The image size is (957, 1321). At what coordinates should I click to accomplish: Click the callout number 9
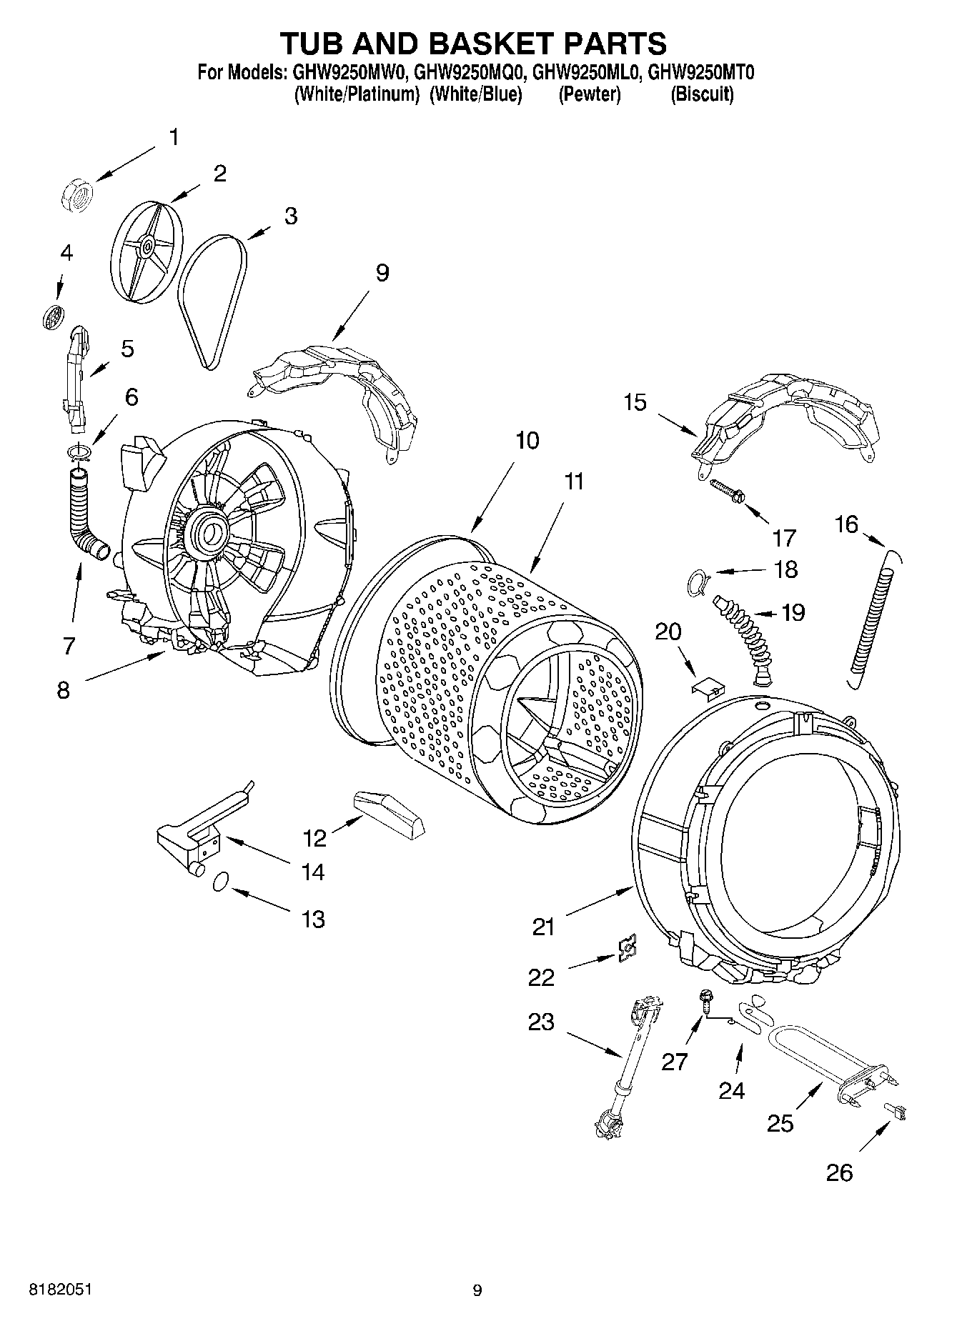[382, 273]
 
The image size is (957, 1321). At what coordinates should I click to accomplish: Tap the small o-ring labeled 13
[221, 882]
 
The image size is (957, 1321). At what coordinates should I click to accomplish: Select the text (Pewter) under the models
[589, 94]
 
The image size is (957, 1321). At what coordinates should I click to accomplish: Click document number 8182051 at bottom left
[60, 1289]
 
